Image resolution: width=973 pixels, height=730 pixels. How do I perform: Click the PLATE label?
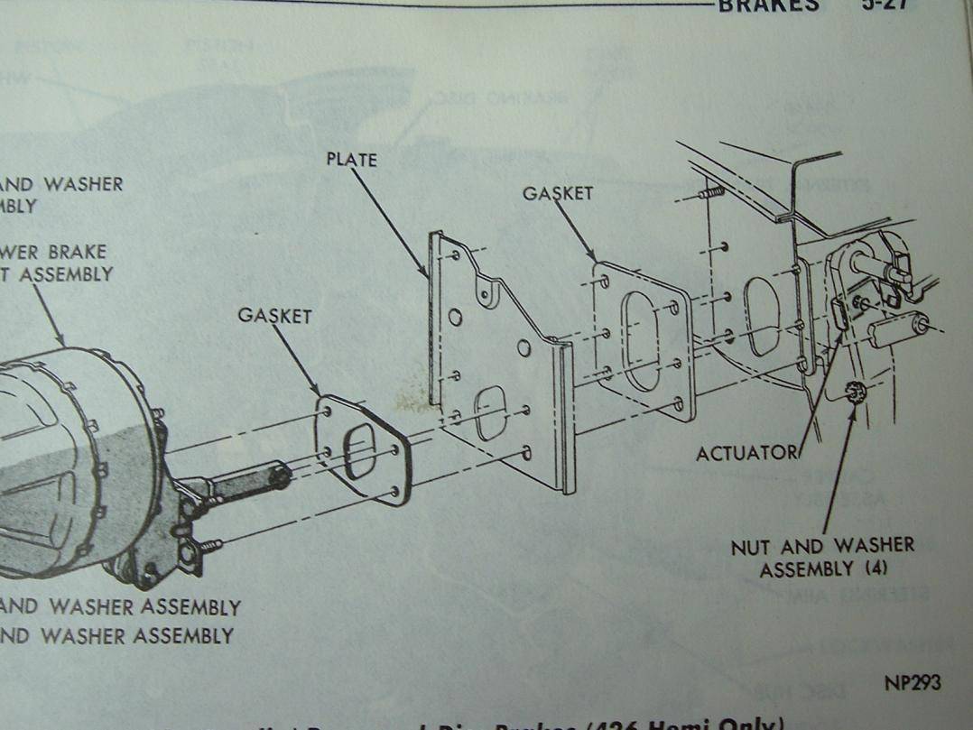click(351, 161)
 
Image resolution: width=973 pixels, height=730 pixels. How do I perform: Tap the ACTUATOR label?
click(746, 453)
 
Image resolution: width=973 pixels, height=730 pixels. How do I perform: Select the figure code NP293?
click(913, 682)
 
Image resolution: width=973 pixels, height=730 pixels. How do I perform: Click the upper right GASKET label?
click(558, 193)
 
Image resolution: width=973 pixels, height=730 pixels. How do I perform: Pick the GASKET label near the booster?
click(275, 316)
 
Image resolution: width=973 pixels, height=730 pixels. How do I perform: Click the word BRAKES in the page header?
click(768, 5)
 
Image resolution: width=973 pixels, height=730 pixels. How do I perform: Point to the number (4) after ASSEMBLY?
click(873, 570)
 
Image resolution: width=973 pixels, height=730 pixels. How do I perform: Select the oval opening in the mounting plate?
click(492, 411)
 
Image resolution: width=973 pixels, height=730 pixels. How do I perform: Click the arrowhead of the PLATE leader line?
click(427, 275)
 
